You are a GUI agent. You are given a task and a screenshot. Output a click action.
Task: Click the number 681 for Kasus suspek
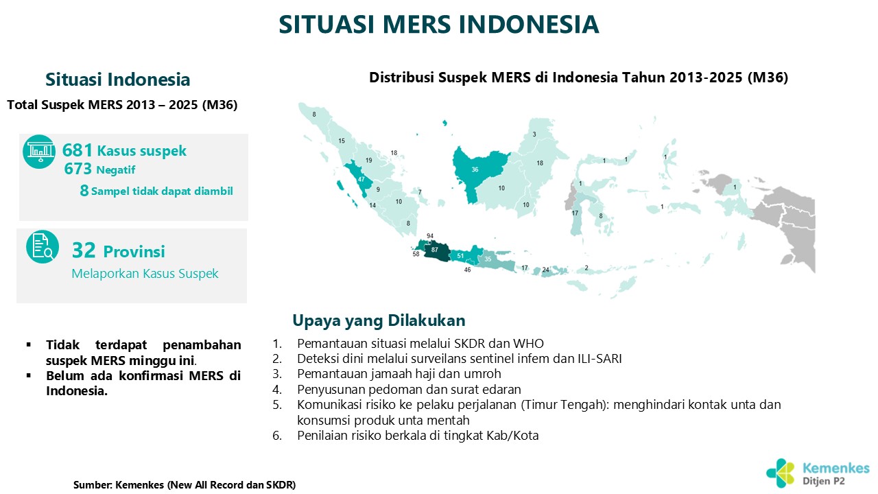(x=78, y=150)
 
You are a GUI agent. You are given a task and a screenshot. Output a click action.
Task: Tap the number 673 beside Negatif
(x=78, y=169)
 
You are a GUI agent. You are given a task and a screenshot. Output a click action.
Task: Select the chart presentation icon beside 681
(x=39, y=152)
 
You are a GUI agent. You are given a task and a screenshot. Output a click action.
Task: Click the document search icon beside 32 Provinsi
(x=43, y=246)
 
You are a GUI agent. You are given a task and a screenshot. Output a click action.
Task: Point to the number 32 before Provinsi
(x=84, y=250)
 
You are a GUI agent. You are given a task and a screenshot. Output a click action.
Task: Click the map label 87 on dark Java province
(x=434, y=250)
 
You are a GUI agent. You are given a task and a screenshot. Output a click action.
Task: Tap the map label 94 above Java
(x=430, y=236)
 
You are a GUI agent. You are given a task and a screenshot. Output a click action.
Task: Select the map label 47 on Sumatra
(x=361, y=179)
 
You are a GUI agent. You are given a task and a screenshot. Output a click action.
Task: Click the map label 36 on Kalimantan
(x=475, y=169)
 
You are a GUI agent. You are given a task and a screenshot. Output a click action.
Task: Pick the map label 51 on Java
(x=460, y=256)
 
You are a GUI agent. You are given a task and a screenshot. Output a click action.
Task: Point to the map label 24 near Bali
(x=545, y=270)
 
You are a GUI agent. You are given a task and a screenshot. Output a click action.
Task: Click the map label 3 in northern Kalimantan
(x=534, y=134)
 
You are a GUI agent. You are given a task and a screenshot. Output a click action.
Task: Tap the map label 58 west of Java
(x=416, y=254)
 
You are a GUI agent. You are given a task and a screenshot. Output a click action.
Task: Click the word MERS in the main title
(x=416, y=24)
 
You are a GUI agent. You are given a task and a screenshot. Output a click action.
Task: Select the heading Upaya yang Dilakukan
(x=379, y=320)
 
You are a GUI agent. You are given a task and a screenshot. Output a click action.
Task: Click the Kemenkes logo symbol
(x=781, y=473)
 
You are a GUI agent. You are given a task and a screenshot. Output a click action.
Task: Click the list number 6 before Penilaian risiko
(x=276, y=436)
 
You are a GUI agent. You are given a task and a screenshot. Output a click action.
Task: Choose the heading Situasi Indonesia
(x=117, y=80)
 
